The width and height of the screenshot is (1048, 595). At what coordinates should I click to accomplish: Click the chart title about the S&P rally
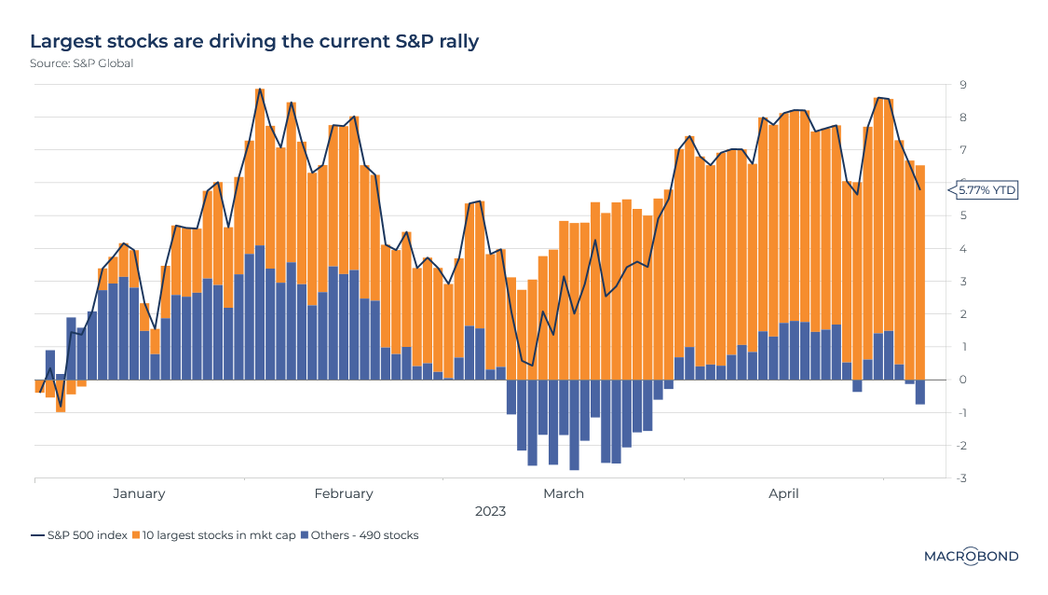[254, 42]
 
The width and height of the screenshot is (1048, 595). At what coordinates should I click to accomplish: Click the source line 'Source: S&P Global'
[81, 63]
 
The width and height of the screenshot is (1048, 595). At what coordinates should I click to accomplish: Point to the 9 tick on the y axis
[962, 85]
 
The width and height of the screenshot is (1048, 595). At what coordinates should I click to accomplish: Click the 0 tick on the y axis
[962, 380]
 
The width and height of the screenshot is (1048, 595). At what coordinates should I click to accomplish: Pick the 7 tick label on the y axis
[962, 150]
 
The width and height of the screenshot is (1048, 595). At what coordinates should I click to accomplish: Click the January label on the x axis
[139, 493]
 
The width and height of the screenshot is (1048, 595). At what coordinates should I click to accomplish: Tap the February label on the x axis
[344, 493]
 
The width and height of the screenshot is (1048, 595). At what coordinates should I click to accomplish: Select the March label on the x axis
[563, 493]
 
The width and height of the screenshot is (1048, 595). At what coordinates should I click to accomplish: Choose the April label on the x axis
[783, 493]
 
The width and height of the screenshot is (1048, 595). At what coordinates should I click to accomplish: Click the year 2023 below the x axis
[490, 512]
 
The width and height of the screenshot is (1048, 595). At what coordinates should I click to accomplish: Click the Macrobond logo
[971, 556]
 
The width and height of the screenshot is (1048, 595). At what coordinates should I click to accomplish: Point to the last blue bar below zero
[919, 392]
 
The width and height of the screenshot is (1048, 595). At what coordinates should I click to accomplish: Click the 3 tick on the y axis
[962, 282]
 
